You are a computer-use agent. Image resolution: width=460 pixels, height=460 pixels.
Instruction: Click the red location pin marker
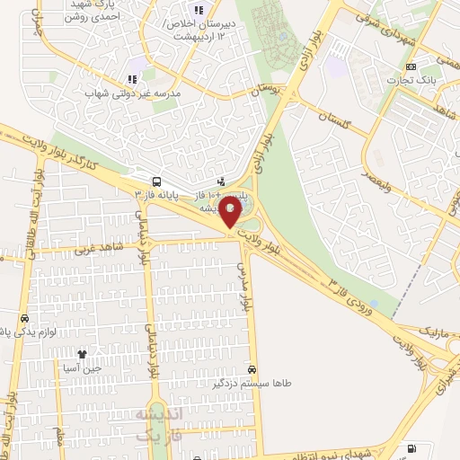pyautogui.click(x=230, y=214)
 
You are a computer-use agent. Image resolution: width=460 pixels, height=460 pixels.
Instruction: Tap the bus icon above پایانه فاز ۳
pyautogui.click(x=157, y=180)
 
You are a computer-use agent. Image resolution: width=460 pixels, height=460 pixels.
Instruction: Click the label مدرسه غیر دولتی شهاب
pyautogui.click(x=132, y=93)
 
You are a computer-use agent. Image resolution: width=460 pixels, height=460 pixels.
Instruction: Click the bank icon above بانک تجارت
pyautogui.click(x=411, y=67)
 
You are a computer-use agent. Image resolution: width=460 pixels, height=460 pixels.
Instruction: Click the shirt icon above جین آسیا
pyautogui.click(x=83, y=355)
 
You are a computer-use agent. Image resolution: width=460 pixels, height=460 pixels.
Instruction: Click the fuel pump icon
pyautogui.click(x=412, y=447)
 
